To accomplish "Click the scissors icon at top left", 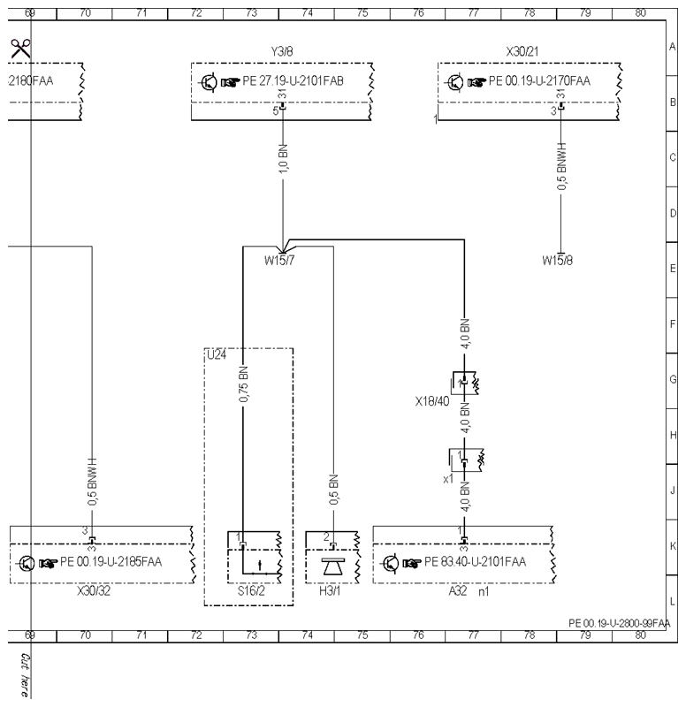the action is (x=20, y=49).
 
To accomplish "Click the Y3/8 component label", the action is (x=282, y=51).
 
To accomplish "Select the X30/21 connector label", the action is (x=522, y=51).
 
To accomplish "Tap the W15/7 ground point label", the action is (x=279, y=260).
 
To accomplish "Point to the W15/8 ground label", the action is (x=558, y=260).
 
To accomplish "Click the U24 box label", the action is (x=217, y=355).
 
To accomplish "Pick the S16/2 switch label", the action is (x=251, y=590).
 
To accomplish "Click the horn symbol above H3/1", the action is (x=333, y=566).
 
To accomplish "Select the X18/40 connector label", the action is (x=432, y=401).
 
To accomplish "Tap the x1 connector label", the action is (x=448, y=479).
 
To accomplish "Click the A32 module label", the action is (x=458, y=590).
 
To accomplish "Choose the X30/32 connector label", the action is (x=94, y=590).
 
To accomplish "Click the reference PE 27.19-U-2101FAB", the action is (x=293, y=81).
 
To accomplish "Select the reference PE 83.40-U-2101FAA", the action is (x=476, y=562).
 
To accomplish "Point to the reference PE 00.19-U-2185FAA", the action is (x=111, y=562).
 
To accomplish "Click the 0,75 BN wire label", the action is (x=244, y=384).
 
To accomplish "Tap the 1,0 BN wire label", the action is (x=283, y=159).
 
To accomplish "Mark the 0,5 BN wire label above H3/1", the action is (x=334, y=490).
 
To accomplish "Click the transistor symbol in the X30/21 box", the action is (x=454, y=82).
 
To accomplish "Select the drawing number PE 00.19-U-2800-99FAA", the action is (x=619, y=623).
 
